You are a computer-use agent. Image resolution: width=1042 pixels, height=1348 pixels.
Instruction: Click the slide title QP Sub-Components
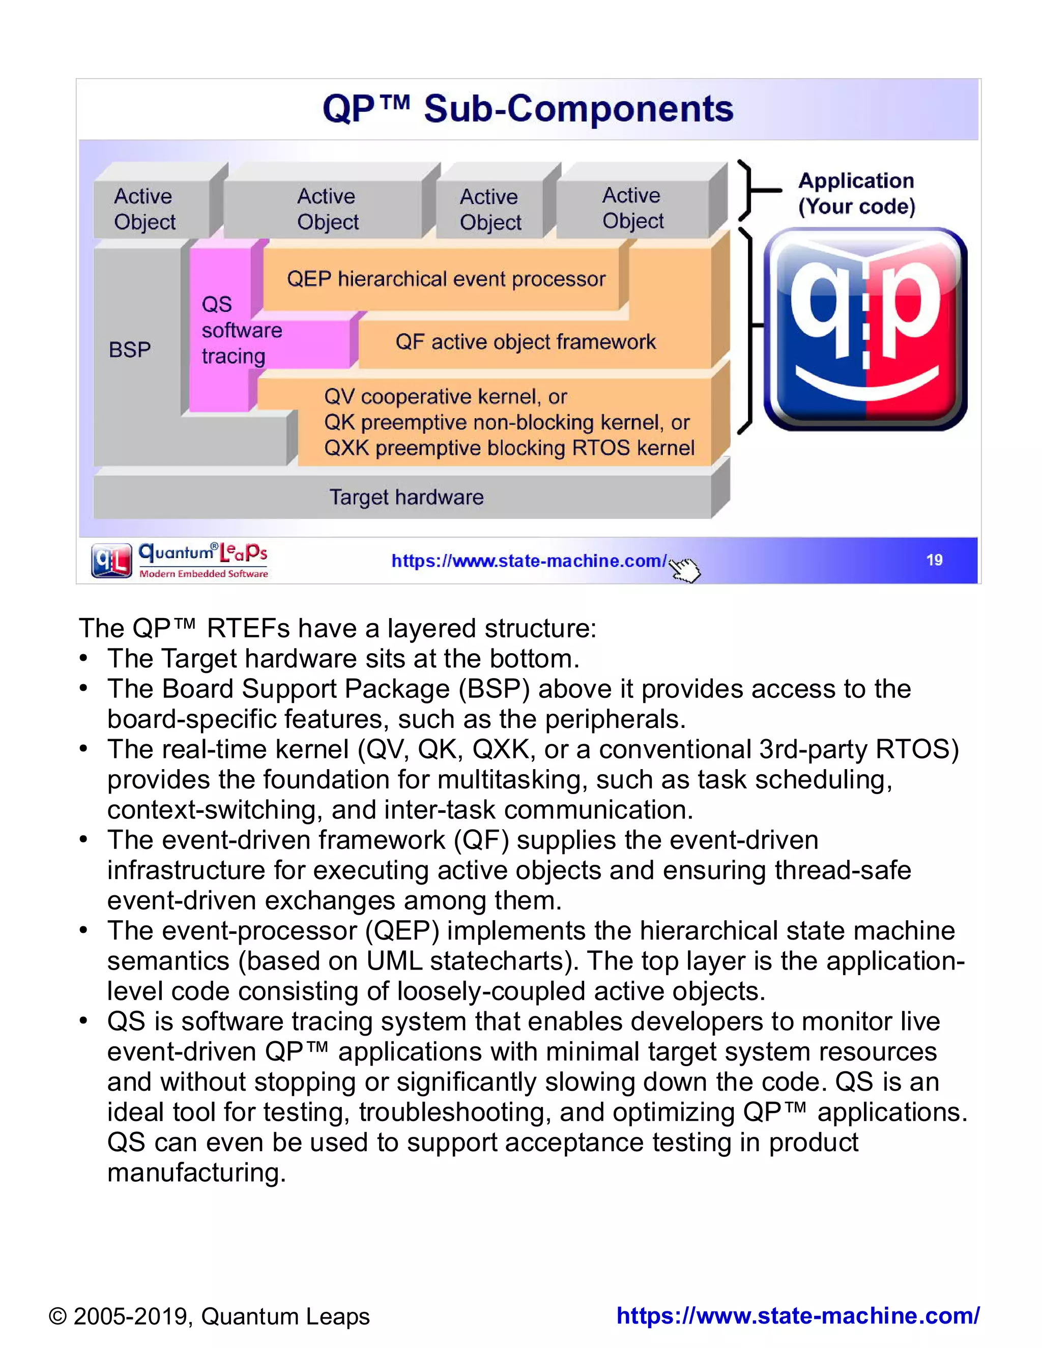click(528, 109)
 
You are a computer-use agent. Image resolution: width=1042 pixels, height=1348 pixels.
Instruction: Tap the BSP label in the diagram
click(130, 350)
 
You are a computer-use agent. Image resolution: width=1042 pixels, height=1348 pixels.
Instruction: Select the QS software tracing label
click(241, 330)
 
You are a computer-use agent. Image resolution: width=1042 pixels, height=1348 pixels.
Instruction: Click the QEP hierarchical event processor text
click(446, 279)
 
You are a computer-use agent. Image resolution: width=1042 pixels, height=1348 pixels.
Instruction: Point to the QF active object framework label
click(525, 342)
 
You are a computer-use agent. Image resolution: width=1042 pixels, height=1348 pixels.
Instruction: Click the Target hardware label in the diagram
click(406, 497)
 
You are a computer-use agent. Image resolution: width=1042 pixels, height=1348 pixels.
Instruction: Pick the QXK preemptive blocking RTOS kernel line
click(509, 448)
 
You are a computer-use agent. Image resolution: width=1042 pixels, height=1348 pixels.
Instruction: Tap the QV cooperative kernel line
click(445, 396)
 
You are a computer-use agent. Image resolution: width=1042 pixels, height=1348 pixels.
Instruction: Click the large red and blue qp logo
click(865, 329)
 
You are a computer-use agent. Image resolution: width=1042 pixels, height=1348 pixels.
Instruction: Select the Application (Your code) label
click(856, 193)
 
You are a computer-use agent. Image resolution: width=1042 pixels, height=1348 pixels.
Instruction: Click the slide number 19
click(934, 560)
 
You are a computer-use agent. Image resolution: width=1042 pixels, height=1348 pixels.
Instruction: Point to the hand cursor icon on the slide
click(685, 569)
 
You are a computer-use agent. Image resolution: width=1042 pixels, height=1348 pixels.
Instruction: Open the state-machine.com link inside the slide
click(529, 561)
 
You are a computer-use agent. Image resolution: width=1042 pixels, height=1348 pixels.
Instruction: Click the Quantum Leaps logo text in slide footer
click(203, 559)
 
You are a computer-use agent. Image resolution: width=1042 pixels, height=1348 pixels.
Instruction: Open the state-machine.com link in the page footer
click(798, 1315)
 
